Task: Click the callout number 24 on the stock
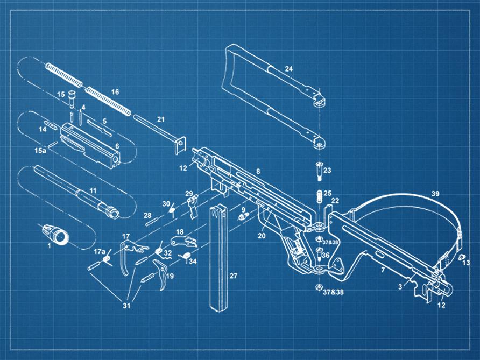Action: point(288,69)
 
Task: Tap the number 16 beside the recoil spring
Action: point(115,92)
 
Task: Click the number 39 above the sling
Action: point(435,194)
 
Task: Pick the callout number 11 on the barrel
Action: point(93,190)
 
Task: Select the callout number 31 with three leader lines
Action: point(126,305)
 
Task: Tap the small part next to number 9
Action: point(242,217)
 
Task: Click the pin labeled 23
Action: point(319,171)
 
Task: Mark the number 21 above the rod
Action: point(161,119)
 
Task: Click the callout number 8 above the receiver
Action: point(258,171)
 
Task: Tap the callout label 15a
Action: point(40,150)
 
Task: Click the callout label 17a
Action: point(100,252)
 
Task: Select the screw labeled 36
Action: point(319,255)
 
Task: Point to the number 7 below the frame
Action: point(383,270)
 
